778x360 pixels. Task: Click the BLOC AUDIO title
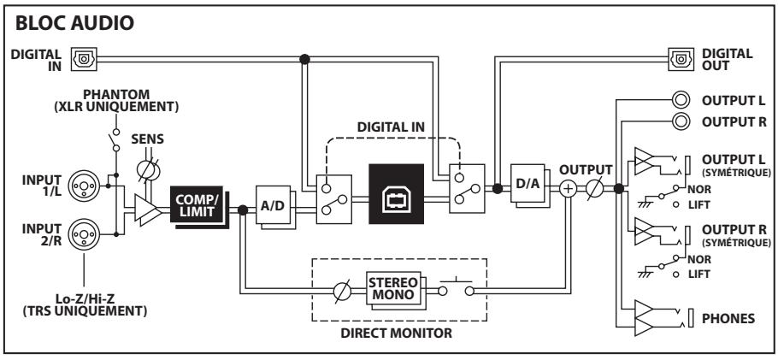(x=75, y=23)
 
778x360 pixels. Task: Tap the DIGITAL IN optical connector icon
(x=84, y=59)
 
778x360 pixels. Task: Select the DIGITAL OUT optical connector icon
(x=681, y=59)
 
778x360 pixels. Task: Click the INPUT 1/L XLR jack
(x=84, y=186)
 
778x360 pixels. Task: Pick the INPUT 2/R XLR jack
(x=84, y=234)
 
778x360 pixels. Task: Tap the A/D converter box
(x=275, y=208)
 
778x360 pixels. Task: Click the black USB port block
(x=396, y=193)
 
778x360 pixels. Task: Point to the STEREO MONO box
(x=395, y=291)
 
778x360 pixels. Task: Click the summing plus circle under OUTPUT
(x=569, y=189)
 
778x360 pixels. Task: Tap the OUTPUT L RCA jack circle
(x=681, y=100)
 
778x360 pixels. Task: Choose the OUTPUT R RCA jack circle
(x=681, y=121)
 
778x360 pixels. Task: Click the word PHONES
(x=728, y=319)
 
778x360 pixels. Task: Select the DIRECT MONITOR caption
(x=397, y=333)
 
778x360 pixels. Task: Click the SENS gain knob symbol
(x=148, y=170)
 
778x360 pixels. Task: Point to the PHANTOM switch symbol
(x=115, y=140)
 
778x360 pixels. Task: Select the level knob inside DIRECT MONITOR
(x=342, y=292)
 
